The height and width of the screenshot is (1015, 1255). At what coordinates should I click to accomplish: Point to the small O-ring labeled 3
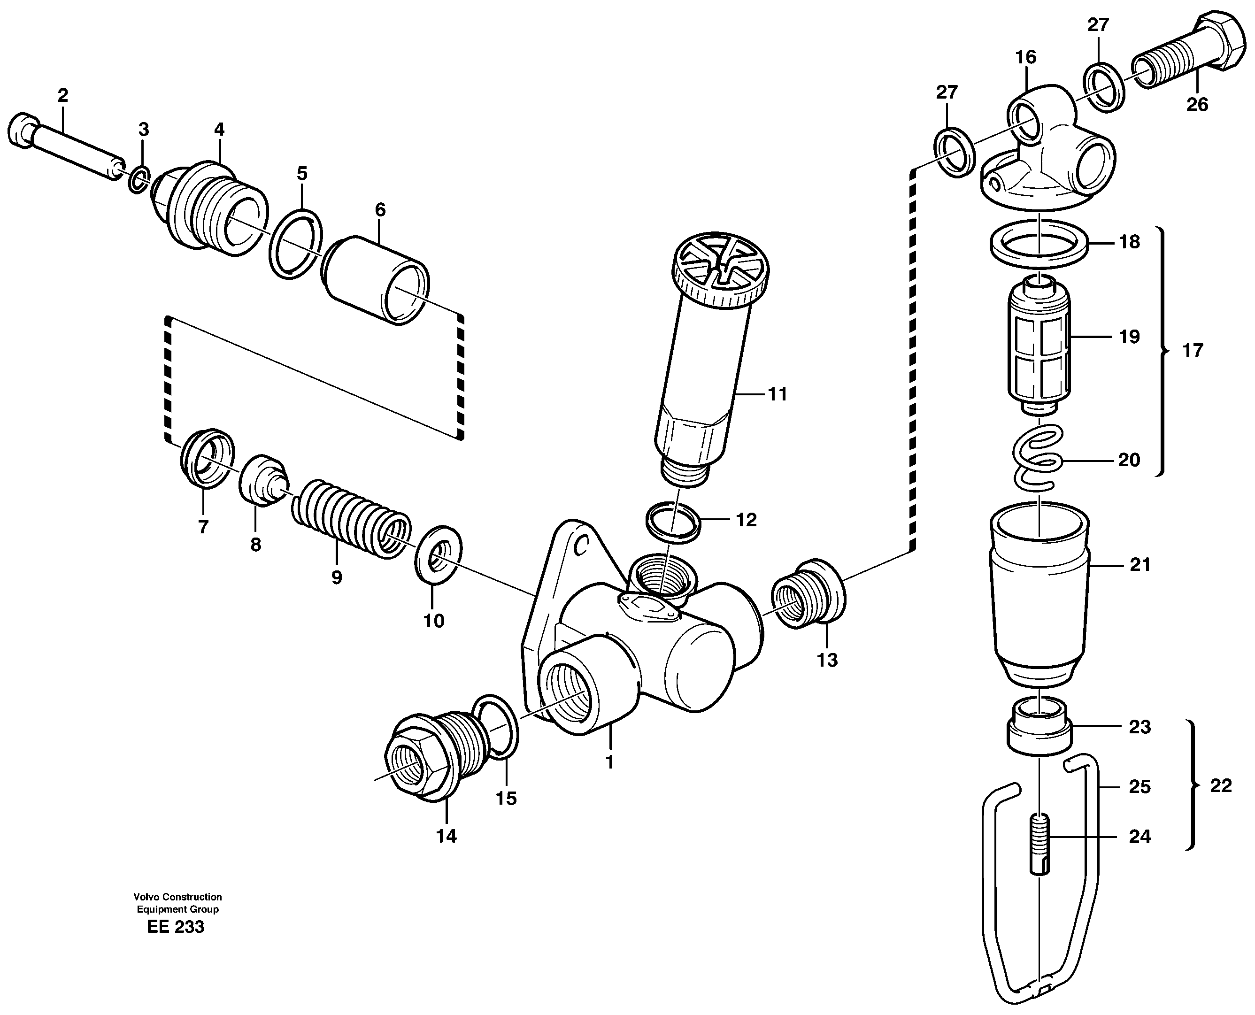(139, 181)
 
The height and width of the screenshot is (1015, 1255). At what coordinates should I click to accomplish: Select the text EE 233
(176, 927)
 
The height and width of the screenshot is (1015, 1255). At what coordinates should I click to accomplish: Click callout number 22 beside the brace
(1221, 786)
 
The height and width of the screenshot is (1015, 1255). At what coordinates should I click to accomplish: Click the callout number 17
(1193, 351)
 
